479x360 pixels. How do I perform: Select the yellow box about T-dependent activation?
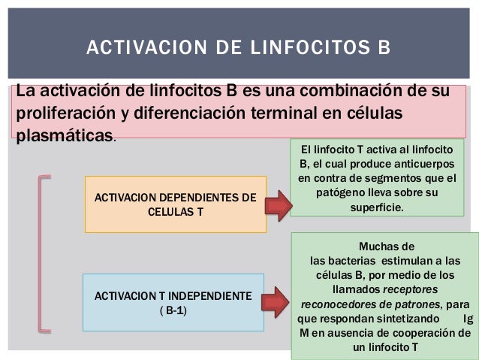pyautogui.click(x=173, y=204)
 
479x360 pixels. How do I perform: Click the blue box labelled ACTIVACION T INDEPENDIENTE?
pyautogui.click(x=173, y=302)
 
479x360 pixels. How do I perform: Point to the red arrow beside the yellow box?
pyautogui.click(x=279, y=204)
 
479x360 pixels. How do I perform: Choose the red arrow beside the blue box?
pyautogui.click(x=279, y=299)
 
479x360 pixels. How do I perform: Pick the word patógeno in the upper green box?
pyautogui.click(x=340, y=192)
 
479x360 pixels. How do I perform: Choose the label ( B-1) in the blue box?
pyautogui.click(x=172, y=310)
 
